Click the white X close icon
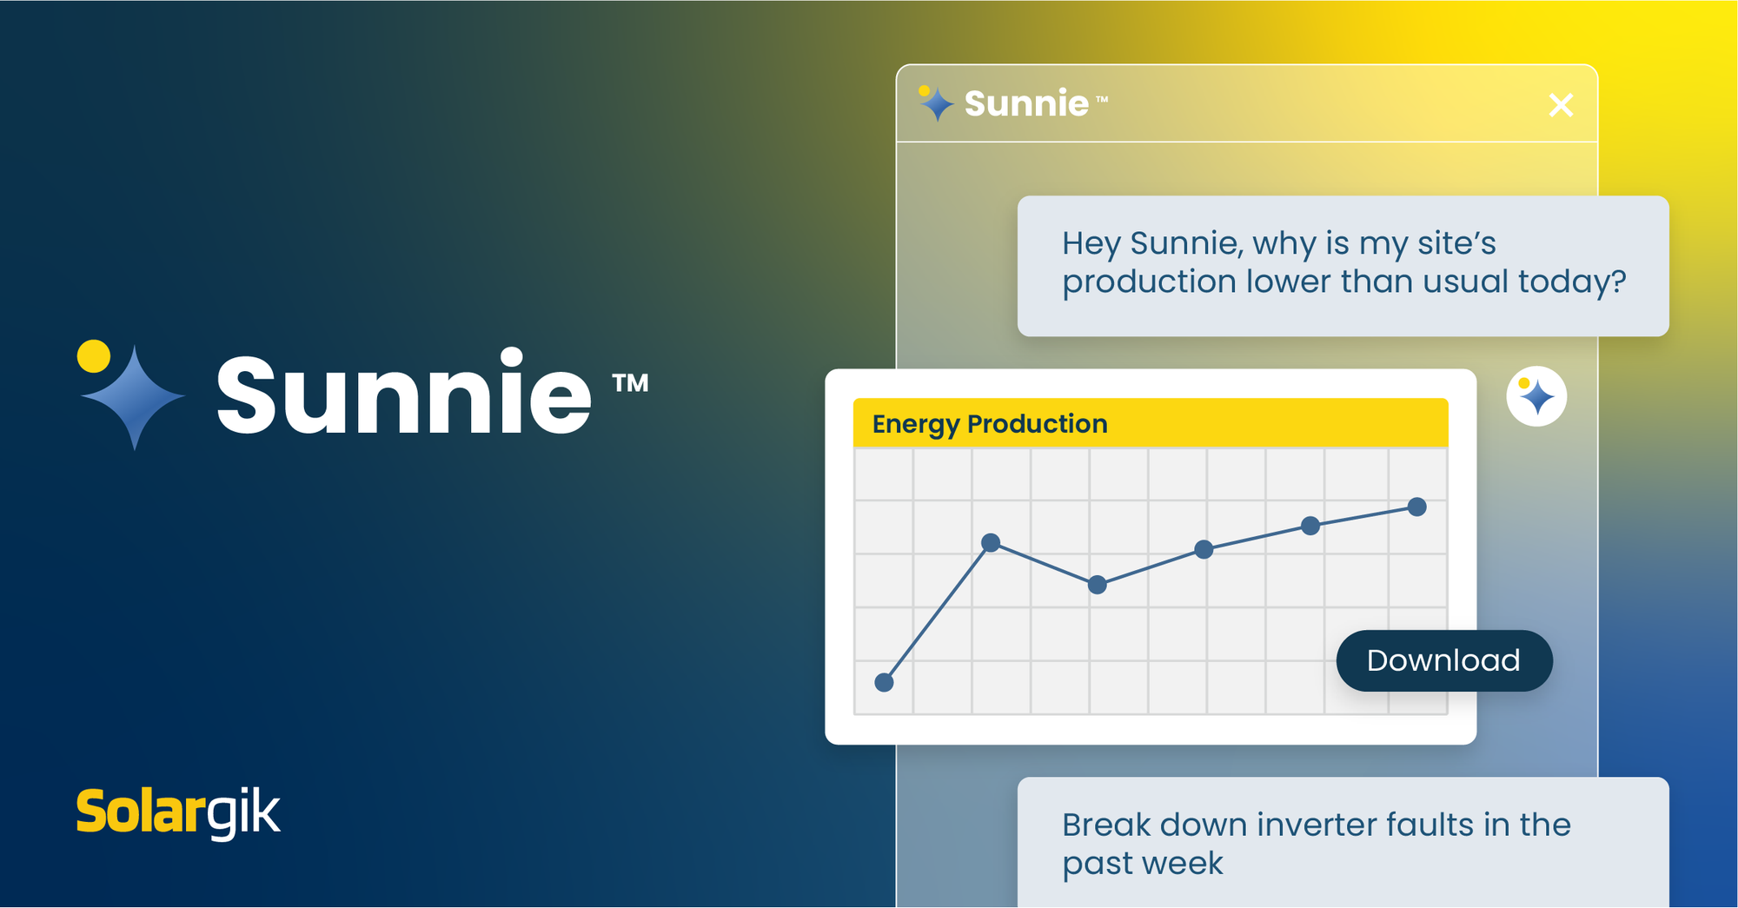[1561, 105]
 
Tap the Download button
[1443, 660]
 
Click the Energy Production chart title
[990, 423]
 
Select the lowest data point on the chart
[884, 682]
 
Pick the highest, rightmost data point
[1416, 507]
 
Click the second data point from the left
[990, 543]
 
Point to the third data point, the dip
[1098, 585]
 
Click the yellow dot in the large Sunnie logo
[94, 356]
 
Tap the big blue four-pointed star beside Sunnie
[133, 397]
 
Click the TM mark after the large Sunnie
[630, 383]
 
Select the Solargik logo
[178, 812]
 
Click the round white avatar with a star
[1536, 396]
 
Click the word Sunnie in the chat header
[1026, 103]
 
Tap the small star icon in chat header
[936, 103]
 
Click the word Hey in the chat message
[1091, 244]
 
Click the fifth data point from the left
[1310, 526]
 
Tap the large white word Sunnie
[404, 394]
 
